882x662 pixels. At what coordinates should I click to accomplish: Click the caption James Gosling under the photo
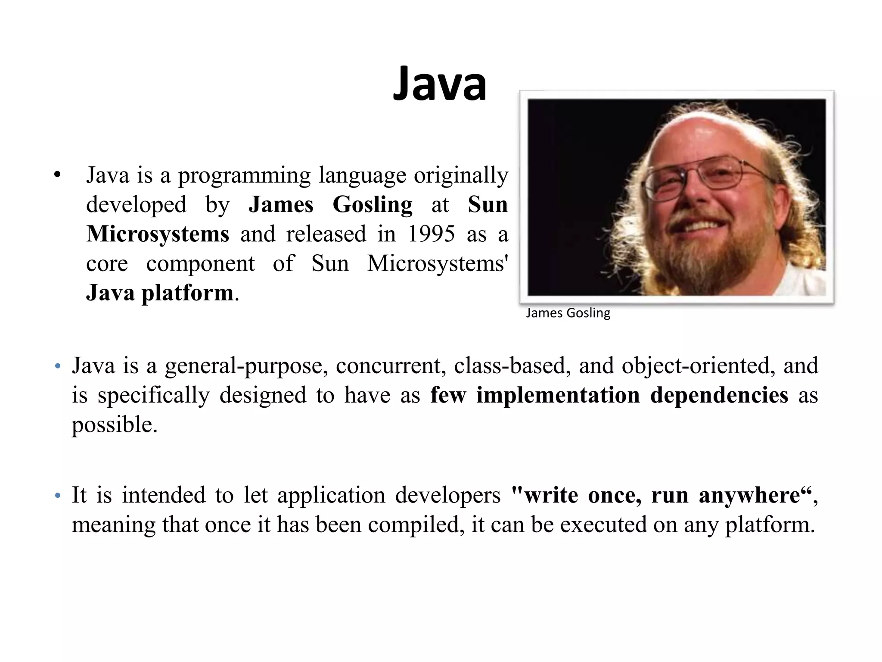(x=568, y=313)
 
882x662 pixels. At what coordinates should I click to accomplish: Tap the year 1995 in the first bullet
(x=431, y=234)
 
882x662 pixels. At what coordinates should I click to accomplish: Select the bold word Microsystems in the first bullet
(x=158, y=234)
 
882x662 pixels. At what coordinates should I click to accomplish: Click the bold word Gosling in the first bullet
(x=372, y=204)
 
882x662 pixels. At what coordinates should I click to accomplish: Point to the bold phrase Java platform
(x=160, y=293)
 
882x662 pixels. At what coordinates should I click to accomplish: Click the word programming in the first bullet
(x=244, y=175)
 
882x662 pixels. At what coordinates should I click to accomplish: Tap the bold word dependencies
(x=719, y=395)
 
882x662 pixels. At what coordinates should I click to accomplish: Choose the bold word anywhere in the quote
(x=748, y=495)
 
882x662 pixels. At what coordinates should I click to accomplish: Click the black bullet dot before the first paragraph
(x=57, y=175)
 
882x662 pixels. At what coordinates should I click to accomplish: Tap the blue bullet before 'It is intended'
(x=58, y=496)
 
